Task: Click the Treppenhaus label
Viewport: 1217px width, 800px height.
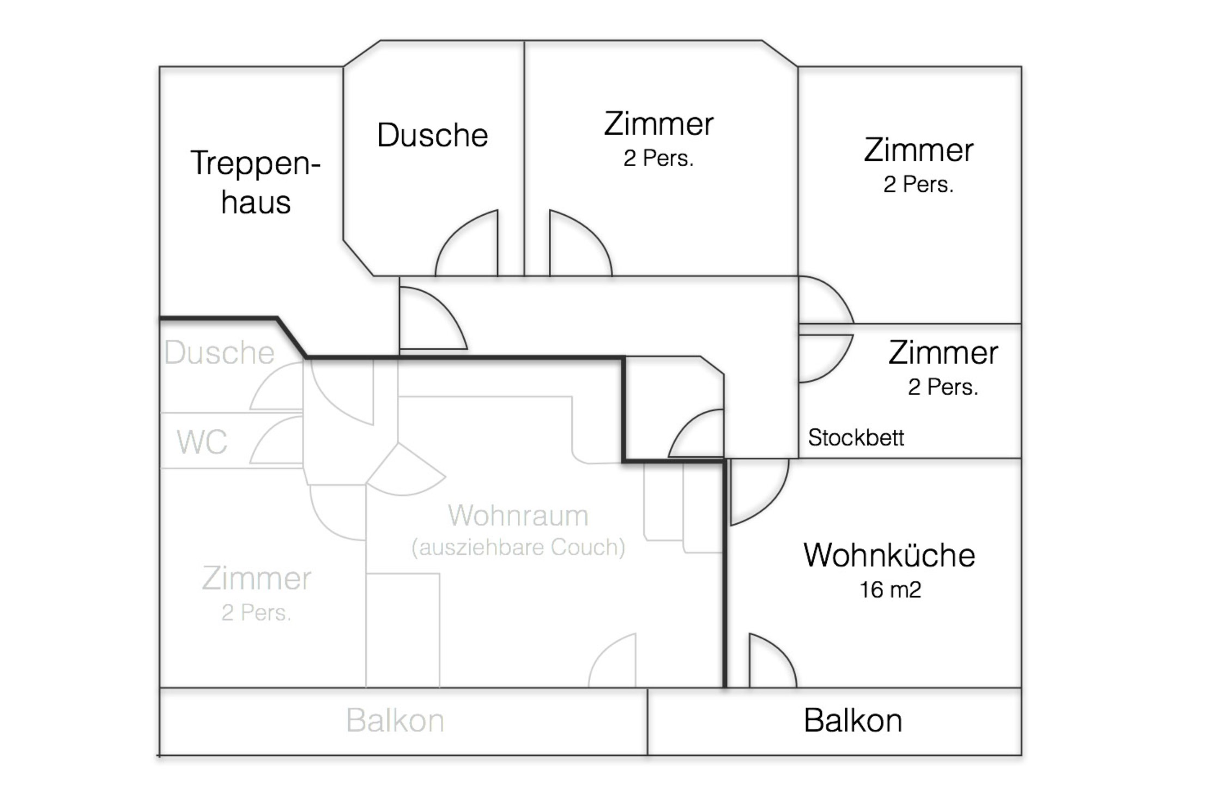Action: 255,182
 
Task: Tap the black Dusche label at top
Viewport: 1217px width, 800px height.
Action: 432,135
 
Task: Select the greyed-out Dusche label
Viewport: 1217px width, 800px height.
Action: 219,353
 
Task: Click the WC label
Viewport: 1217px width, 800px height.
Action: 202,442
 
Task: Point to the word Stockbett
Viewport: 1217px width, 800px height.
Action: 856,438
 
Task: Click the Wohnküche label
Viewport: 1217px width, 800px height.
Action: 889,555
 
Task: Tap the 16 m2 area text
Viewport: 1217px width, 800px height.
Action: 890,590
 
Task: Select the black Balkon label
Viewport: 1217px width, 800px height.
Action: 853,720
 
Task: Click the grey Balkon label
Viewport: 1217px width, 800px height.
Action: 395,720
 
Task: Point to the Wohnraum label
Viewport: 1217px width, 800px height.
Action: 518,516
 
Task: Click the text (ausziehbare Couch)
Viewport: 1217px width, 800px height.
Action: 518,547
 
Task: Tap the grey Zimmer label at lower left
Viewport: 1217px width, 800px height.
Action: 256,579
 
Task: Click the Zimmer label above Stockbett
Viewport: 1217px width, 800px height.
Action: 943,353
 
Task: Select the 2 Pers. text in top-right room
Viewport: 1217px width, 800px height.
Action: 918,185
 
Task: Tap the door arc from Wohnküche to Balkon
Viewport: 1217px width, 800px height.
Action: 771,662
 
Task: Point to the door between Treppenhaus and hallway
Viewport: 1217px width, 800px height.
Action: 431,319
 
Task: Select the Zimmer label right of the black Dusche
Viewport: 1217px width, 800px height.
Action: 658,124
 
